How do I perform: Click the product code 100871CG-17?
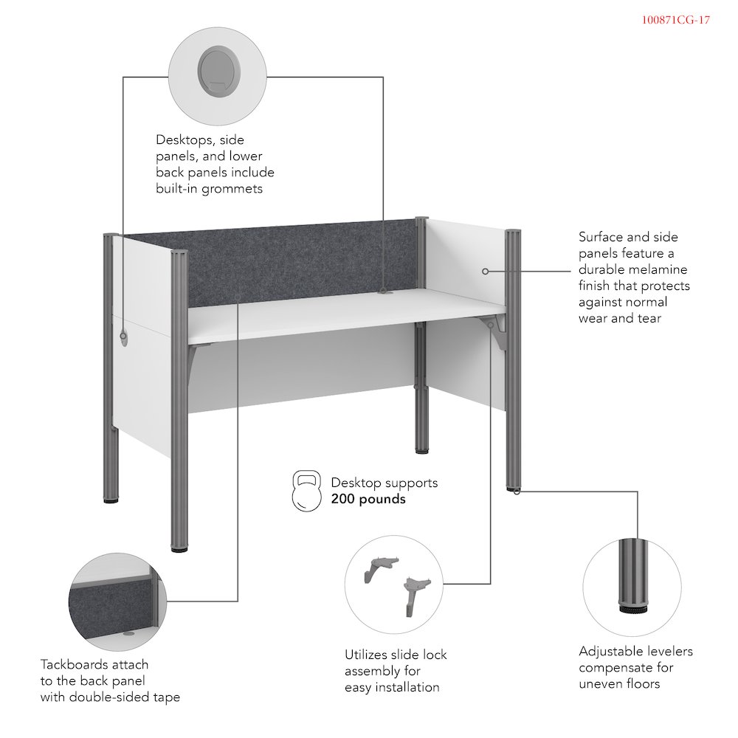pyautogui.click(x=675, y=21)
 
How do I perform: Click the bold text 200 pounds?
pyautogui.click(x=368, y=499)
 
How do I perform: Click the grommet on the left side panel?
pyautogui.click(x=123, y=337)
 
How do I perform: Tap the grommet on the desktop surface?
pyautogui.click(x=383, y=292)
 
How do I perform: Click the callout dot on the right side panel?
pyautogui.click(x=485, y=272)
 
